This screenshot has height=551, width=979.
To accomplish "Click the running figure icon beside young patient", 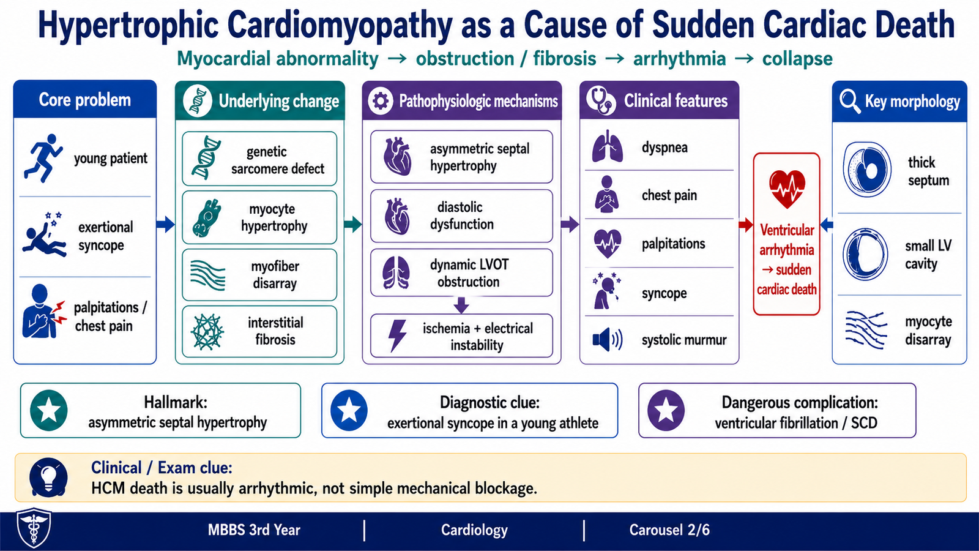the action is pos(43,158).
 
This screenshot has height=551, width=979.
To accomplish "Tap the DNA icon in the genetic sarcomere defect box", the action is pos(206,158).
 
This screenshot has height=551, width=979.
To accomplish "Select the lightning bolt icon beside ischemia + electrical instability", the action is pos(397,336).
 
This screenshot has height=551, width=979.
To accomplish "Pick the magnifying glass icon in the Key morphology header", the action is pos(850,102).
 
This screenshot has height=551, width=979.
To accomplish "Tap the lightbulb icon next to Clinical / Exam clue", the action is pos(48,478).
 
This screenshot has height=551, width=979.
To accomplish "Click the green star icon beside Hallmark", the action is pos(48,410).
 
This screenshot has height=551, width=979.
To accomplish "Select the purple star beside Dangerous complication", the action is pos(666,410).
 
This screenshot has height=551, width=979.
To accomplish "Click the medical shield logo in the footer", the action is pos(34,528).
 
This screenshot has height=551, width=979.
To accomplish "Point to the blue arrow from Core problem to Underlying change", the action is pos(165,224).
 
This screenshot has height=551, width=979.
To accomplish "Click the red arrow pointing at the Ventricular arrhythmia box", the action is pos(746,225).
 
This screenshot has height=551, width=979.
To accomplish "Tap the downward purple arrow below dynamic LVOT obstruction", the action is pos(461,305).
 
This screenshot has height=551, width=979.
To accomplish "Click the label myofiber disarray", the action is pos(275,275).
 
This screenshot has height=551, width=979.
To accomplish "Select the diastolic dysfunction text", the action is pos(461,216).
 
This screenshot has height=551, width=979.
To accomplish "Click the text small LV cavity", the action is pos(928,255).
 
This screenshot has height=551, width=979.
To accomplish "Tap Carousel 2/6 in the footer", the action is pos(669,530).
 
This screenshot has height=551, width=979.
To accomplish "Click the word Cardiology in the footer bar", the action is pos(474,530).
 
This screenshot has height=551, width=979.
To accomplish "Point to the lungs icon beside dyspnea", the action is pos(608,146).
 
